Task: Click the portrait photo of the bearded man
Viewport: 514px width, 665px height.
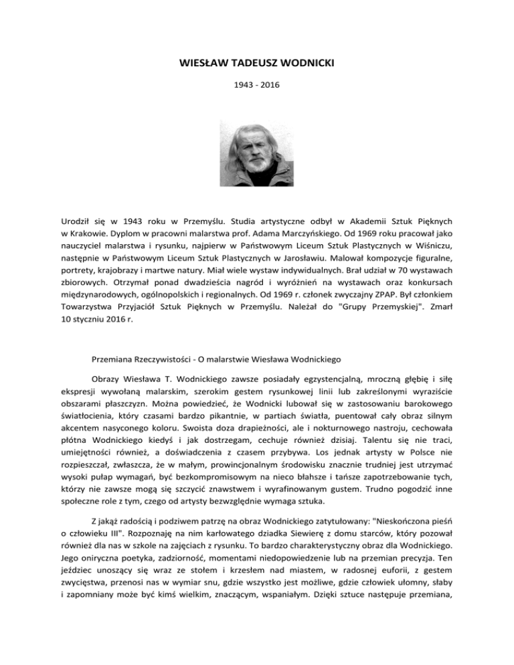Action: pos(256,149)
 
